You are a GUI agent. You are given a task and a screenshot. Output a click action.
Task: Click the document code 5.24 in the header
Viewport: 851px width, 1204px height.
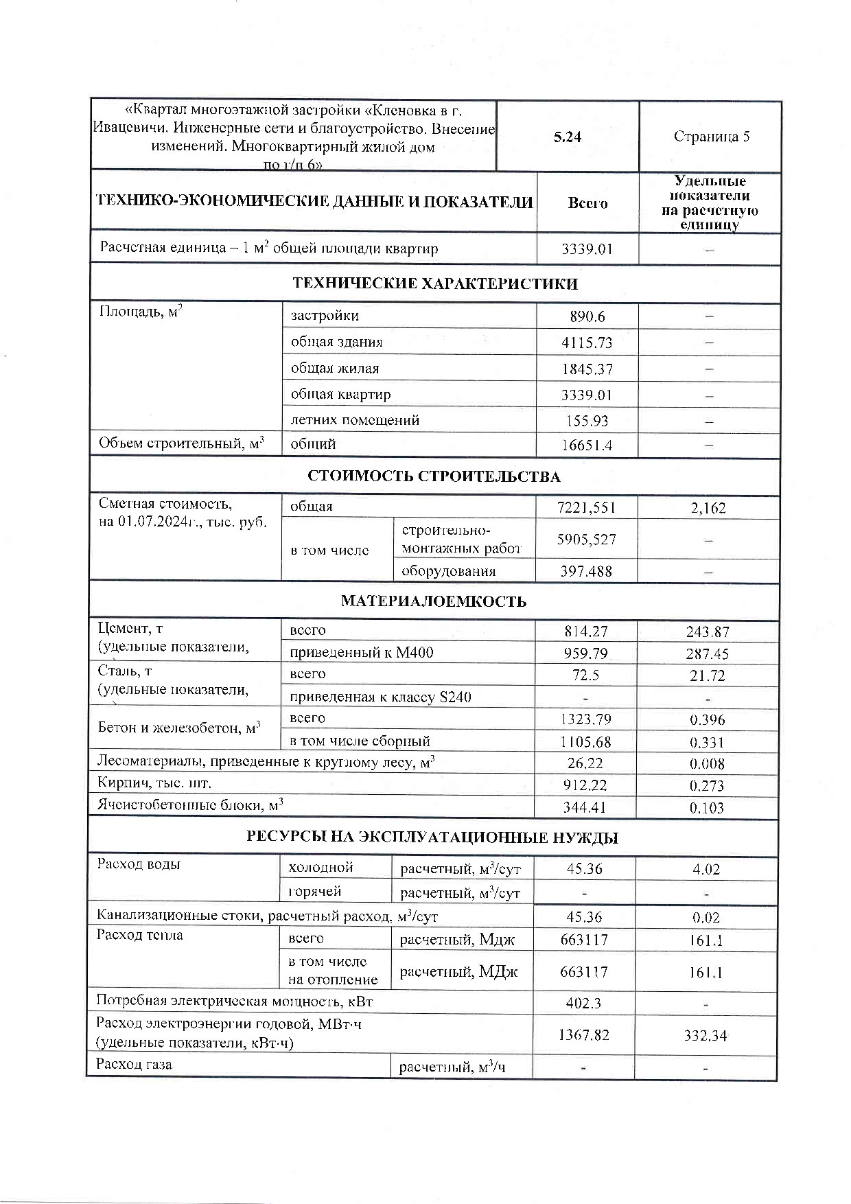[568, 137]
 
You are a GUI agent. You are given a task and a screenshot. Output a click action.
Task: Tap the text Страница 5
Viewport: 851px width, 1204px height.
[711, 136]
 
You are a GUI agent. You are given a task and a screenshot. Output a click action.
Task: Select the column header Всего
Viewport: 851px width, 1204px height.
[587, 203]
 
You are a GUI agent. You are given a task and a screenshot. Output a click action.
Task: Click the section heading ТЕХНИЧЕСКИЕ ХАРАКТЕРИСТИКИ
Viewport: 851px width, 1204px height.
[435, 283]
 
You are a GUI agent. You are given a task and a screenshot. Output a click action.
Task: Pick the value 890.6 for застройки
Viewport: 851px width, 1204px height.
[587, 316]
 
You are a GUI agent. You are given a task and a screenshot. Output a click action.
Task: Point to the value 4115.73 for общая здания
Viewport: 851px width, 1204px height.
[586, 343]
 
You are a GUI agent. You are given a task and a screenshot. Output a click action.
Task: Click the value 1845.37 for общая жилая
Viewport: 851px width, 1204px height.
[586, 369]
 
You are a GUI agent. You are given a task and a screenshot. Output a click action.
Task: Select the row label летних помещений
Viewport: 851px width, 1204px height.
[355, 420]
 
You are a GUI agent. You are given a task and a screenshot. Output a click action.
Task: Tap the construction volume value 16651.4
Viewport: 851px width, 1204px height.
[586, 445]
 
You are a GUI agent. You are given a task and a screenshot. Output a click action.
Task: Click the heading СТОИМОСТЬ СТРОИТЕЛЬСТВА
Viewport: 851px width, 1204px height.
[434, 476]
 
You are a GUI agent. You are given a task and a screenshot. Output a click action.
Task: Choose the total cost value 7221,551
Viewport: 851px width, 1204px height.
[586, 508]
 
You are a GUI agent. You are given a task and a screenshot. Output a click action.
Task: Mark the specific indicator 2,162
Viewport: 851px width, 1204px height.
[708, 508]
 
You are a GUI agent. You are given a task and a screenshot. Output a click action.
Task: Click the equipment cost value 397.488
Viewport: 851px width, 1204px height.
[585, 571]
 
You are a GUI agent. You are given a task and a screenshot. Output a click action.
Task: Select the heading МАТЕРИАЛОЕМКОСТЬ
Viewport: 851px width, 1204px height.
[434, 601]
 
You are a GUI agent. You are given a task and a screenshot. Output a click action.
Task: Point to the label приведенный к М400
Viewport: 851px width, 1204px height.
[362, 652]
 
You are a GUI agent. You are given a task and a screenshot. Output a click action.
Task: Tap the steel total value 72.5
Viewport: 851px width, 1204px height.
[585, 675]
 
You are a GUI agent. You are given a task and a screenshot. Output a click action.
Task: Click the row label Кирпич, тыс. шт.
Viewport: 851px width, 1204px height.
[154, 783]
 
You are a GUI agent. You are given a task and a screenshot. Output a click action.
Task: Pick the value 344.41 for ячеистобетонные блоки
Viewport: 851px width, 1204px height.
[585, 808]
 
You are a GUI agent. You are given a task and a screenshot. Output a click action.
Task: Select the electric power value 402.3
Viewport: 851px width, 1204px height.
[583, 1003]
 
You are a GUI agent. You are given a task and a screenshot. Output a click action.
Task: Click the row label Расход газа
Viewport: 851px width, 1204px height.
[135, 1065]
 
